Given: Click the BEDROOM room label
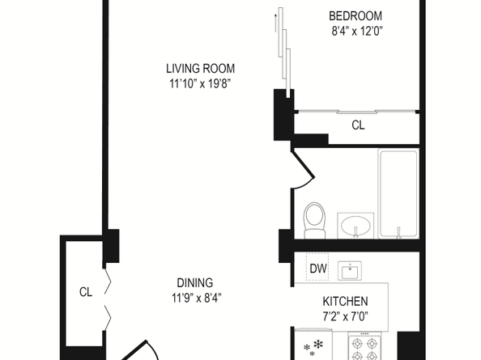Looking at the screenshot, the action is coord(355,16).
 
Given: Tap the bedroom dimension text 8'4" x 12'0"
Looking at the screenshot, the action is coord(357,31).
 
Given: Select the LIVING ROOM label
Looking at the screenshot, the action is coord(200,69).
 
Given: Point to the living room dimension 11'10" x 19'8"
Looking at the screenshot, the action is coord(200,83).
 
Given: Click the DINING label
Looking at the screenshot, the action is coord(195,283).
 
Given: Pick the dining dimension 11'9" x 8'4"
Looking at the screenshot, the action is coord(196,298).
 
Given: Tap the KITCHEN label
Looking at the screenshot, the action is coord(345,302).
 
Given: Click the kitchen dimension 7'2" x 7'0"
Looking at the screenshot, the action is coord(345,316).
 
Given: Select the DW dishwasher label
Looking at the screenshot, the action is coord(318,269).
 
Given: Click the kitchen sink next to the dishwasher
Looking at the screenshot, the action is coord(350,271).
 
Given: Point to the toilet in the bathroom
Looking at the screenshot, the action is coord(315,220).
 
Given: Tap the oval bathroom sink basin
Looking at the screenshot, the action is coord(355,225).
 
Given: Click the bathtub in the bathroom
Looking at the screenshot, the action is coord(398,193).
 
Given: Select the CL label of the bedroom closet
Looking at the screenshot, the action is coord(358,125).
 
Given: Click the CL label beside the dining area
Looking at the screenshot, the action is coord(86,292).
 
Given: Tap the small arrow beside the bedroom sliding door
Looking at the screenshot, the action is coord(276,23).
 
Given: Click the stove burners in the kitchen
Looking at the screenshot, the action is coord(364,349).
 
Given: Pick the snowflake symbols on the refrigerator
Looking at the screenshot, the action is coord(313,348).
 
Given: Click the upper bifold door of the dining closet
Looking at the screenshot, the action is coord(107,281).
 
